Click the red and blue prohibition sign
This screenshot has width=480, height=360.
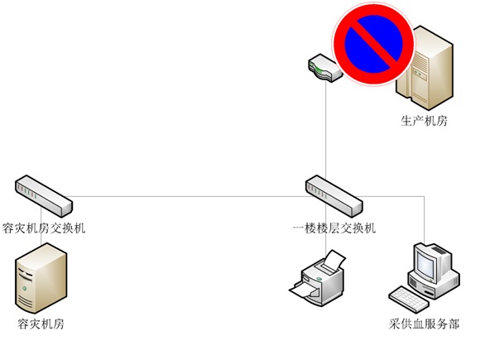pos(373,44)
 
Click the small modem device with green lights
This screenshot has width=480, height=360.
pos(324,68)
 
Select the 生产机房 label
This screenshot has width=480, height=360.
pos(424,121)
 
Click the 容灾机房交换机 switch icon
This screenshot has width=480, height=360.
pos(44,196)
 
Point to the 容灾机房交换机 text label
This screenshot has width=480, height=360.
pos(44,228)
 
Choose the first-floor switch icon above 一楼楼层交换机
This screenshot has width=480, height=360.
pos(334,196)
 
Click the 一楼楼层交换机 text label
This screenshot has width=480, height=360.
pos(334,228)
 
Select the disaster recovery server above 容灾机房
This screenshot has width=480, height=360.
pos(41,278)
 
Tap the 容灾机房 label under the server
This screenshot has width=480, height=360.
pos(41,324)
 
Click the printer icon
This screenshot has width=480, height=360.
pos(319,278)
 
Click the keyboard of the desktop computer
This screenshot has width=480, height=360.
pos(409,300)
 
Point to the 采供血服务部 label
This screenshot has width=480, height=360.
pos(424,324)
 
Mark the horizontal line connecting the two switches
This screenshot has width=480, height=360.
pos(187,196)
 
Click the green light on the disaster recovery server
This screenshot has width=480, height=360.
pos(24,288)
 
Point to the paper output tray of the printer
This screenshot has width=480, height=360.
pos(303,290)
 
